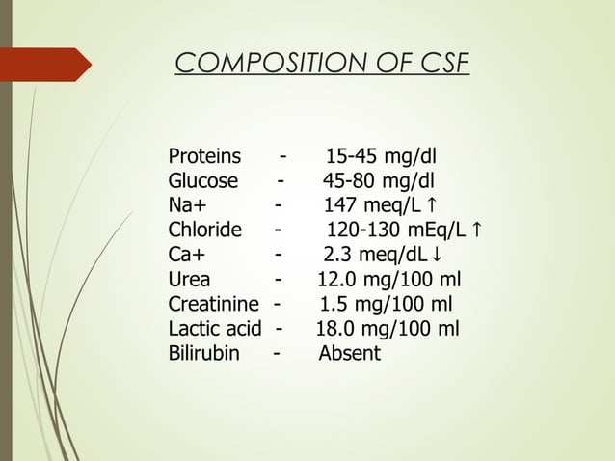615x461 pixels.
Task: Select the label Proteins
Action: click(204, 157)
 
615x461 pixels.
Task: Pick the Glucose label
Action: click(202, 181)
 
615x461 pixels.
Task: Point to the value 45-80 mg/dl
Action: click(378, 181)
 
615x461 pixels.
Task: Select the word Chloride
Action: click(204, 230)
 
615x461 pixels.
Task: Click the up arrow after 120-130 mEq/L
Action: click(479, 230)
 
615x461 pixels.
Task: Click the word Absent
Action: click(349, 354)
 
